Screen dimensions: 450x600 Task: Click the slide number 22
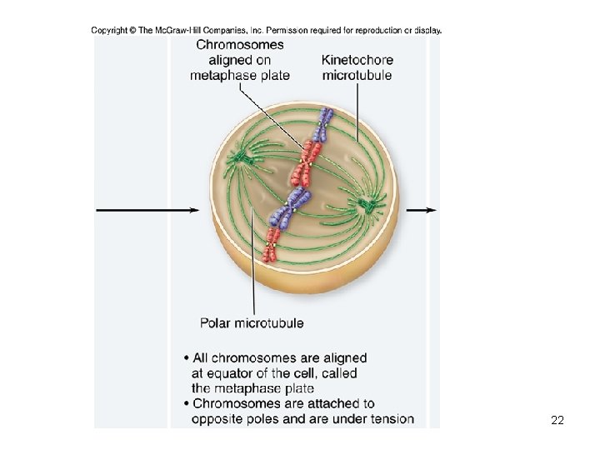(x=557, y=421)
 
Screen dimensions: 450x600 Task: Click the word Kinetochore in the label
(x=357, y=60)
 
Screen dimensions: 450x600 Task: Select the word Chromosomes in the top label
(x=240, y=45)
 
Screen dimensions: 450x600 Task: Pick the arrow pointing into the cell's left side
(x=147, y=210)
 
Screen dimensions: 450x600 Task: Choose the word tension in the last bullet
(x=391, y=418)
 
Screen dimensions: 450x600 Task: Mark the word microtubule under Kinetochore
(x=357, y=75)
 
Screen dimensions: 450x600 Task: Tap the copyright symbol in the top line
(x=132, y=31)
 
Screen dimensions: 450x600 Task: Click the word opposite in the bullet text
(x=219, y=418)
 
